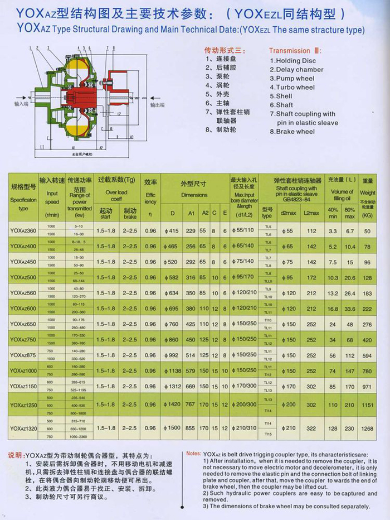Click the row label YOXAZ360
click(23, 230)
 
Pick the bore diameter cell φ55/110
click(244, 230)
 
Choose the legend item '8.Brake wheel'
click(292, 132)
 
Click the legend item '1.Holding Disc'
click(293, 60)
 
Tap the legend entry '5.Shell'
click(281, 96)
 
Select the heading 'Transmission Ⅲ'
click(295, 50)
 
